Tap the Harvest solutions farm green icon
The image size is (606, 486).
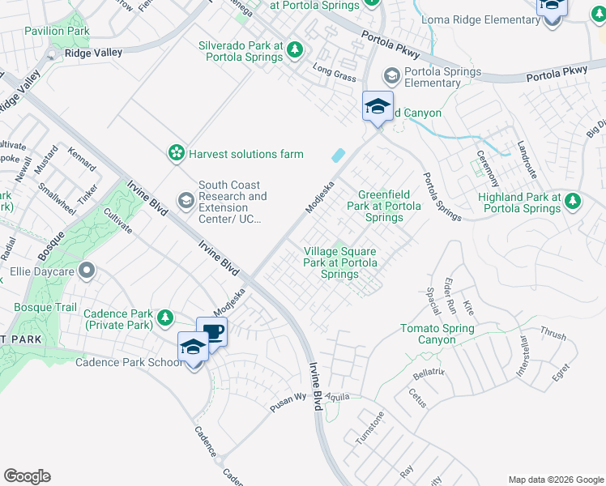[175, 153]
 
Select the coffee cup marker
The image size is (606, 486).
[212, 332]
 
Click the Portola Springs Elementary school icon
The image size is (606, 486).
[392, 76]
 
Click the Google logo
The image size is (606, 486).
[27, 476]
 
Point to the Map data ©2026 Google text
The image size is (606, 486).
[554, 479]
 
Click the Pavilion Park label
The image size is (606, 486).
[57, 31]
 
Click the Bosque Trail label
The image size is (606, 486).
[45, 308]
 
